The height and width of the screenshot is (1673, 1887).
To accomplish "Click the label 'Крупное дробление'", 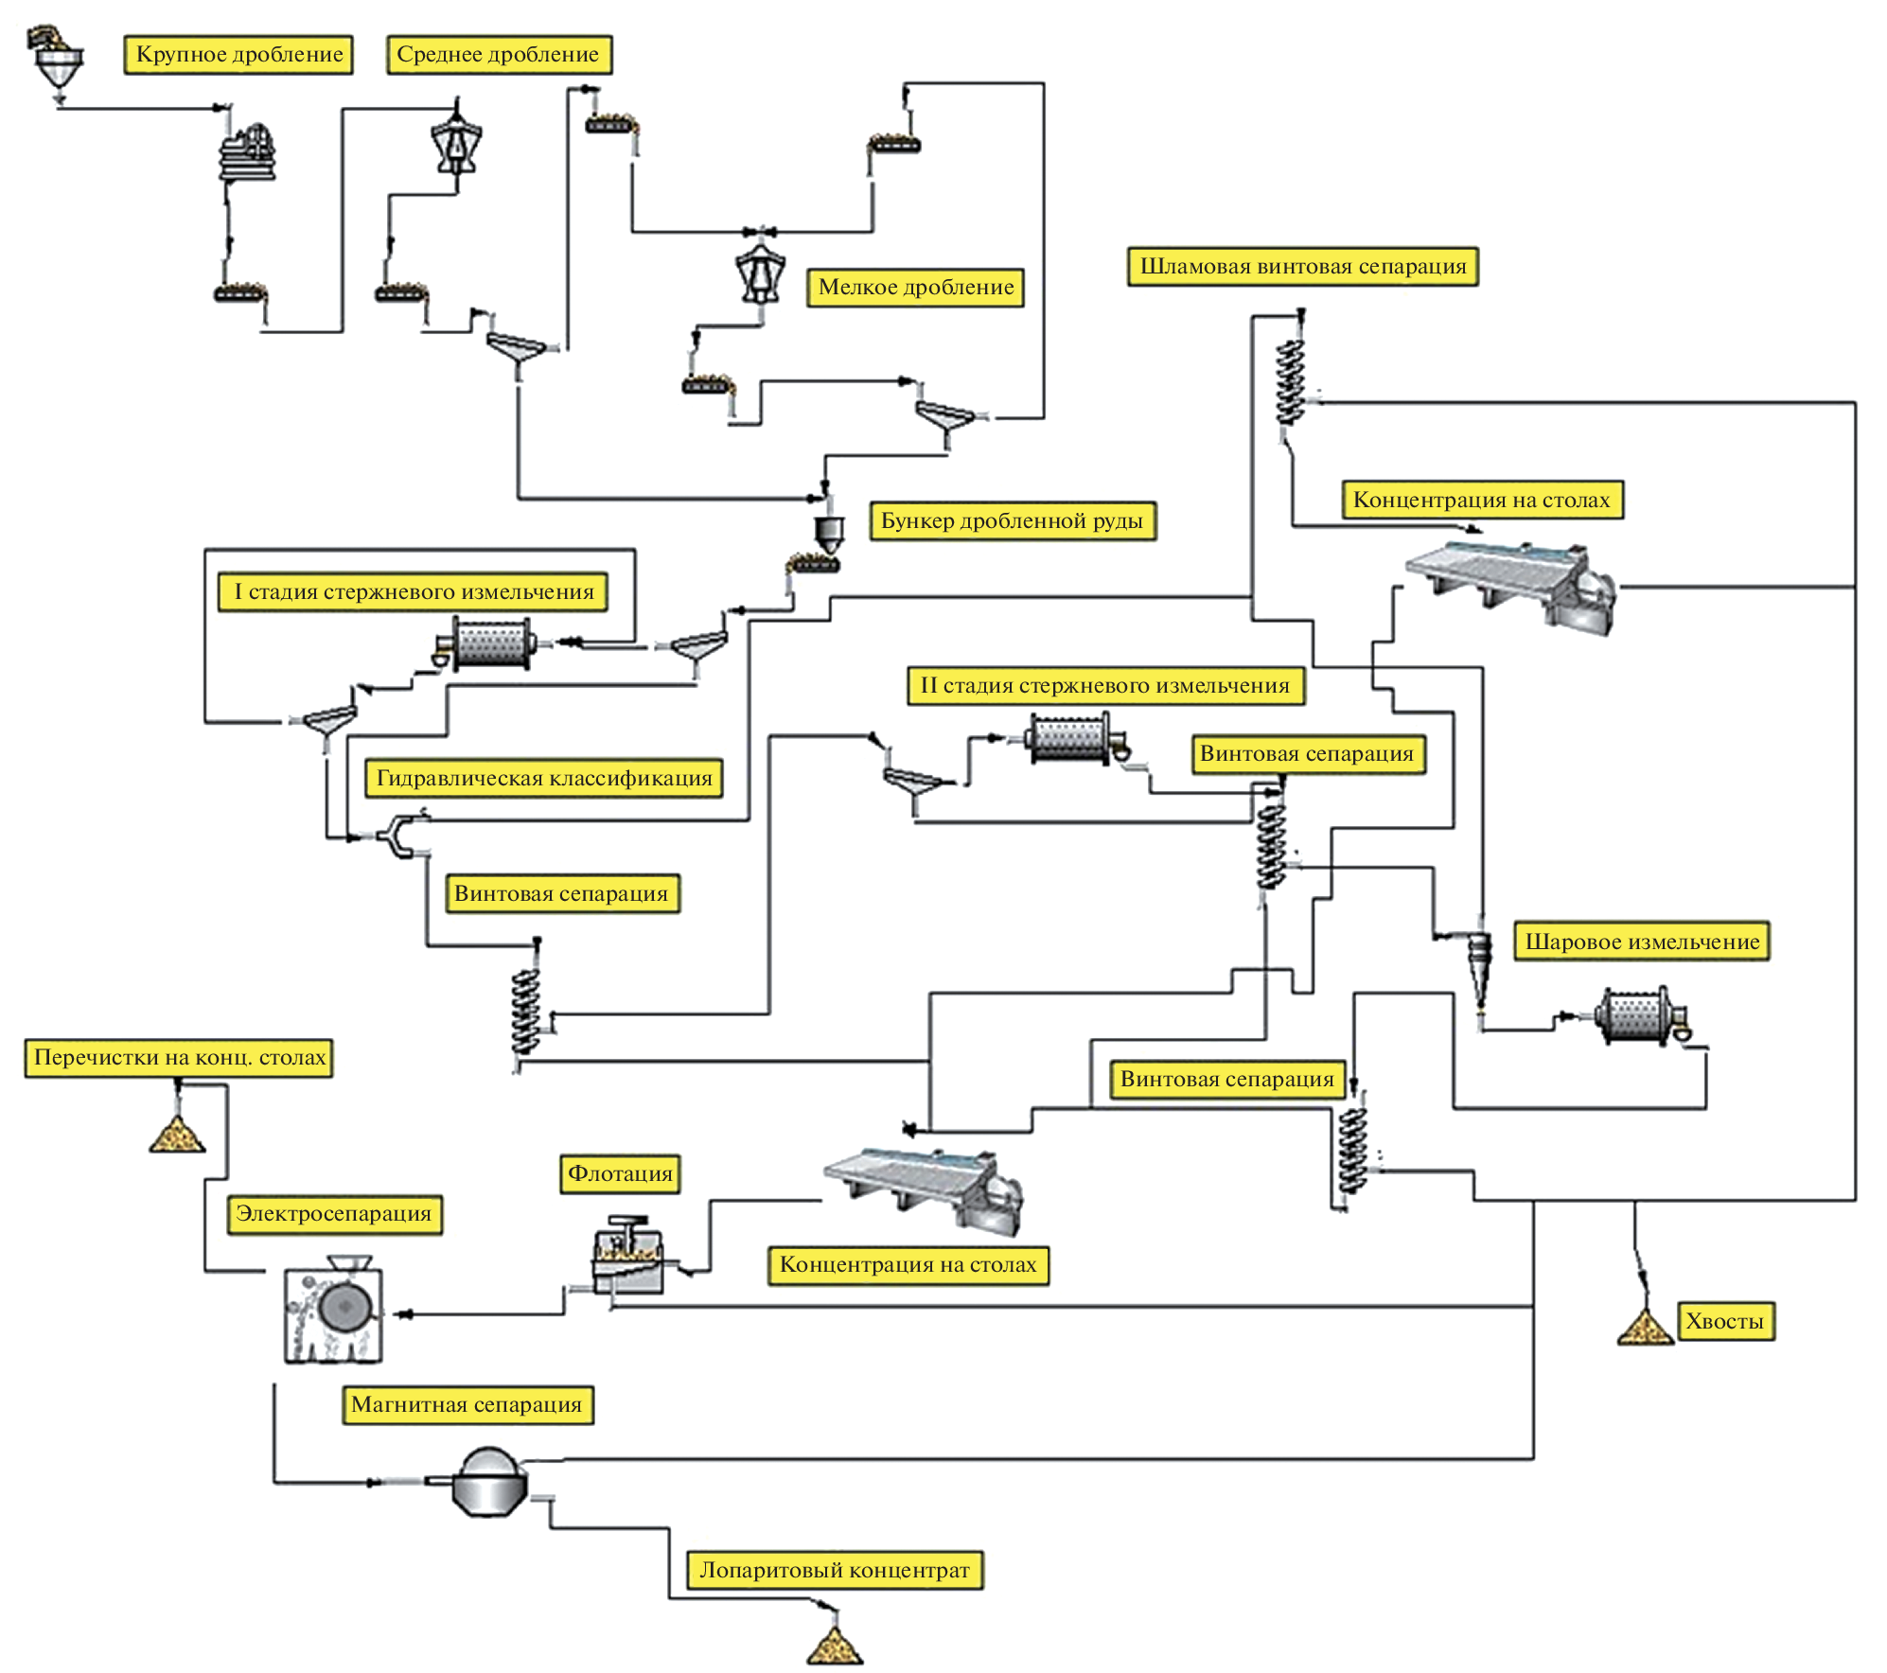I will [x=238, y=54].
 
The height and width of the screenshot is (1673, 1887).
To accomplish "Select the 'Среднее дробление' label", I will [x=499, y=54].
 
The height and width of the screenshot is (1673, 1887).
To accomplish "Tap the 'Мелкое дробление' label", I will [x=915, y=287].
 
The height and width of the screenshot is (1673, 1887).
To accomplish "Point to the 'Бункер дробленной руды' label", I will [x=1012, y=520].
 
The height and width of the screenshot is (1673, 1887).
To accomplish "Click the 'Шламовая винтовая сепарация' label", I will [x=1302, y=267].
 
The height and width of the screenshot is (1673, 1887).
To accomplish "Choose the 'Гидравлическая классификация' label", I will [x=544, y=778].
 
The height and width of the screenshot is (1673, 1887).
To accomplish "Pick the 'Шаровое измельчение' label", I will [x=1642, y=942].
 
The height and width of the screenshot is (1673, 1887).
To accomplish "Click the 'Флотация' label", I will [x=620, y=1173].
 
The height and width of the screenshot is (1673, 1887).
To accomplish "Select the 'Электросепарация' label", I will [x=334, y=1214].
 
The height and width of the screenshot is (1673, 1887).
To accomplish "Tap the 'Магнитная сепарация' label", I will [x=467, y=1404].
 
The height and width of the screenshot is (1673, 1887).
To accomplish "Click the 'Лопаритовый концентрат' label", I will [x=834, y=1571].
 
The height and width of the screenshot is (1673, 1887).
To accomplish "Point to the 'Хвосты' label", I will [x=1724, y=1321].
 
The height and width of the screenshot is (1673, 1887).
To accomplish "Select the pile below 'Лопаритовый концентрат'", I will [x=835, y=1646].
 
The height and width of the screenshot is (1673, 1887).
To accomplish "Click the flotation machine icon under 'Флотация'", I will [x=626, y=1256].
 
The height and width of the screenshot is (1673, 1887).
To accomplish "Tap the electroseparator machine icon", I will [x=334, y=1311].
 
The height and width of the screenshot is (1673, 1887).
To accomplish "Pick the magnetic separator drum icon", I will [x=488, y=1482].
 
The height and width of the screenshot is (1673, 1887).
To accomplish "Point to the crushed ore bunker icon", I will [x=829, y=533].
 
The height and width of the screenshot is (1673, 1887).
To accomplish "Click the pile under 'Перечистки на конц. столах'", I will [x=177, y=1134].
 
